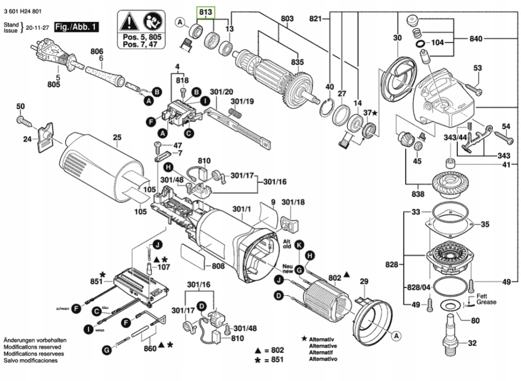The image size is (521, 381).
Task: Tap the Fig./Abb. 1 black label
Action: coord(76,26)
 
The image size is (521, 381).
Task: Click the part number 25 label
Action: coord(117,138)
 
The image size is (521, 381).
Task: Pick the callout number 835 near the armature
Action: coord(297,62)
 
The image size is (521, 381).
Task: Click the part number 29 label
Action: coord(364,281)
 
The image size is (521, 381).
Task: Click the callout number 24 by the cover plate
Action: coord(28,139)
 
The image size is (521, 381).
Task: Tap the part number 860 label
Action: coord(151,348)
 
